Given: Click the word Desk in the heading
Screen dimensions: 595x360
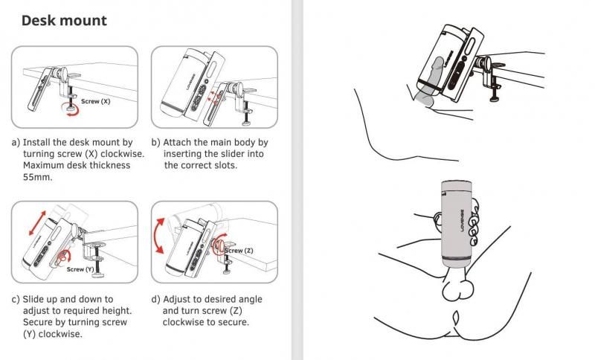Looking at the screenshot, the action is (38, 21).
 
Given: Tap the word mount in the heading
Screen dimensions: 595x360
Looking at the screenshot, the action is (83, 21).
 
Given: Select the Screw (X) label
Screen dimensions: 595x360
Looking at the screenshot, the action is (96, 101).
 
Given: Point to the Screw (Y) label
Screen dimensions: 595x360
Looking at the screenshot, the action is (80, 269).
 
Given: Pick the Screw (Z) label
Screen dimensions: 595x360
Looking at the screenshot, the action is (239, 251).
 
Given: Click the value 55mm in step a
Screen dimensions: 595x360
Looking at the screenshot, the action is (38, 177).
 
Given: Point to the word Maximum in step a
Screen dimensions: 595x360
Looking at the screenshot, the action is (43, 165).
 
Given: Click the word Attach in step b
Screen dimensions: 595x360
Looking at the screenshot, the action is (177, 142).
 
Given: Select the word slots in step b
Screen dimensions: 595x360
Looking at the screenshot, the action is (225, 165).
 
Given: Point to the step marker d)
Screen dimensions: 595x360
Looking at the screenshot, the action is (155, 299).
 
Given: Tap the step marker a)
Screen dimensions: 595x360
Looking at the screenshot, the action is (16, 143).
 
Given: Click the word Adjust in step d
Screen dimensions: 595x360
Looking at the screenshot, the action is (177, 299).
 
